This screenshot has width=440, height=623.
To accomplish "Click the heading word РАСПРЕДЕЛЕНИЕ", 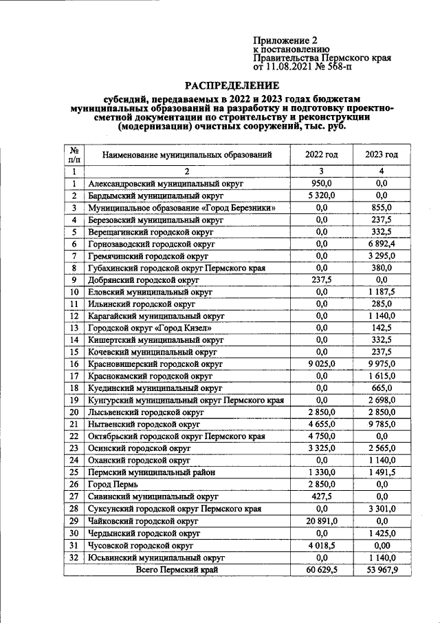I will coord(232,86).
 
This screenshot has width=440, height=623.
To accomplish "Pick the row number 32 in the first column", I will coord(74,558).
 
